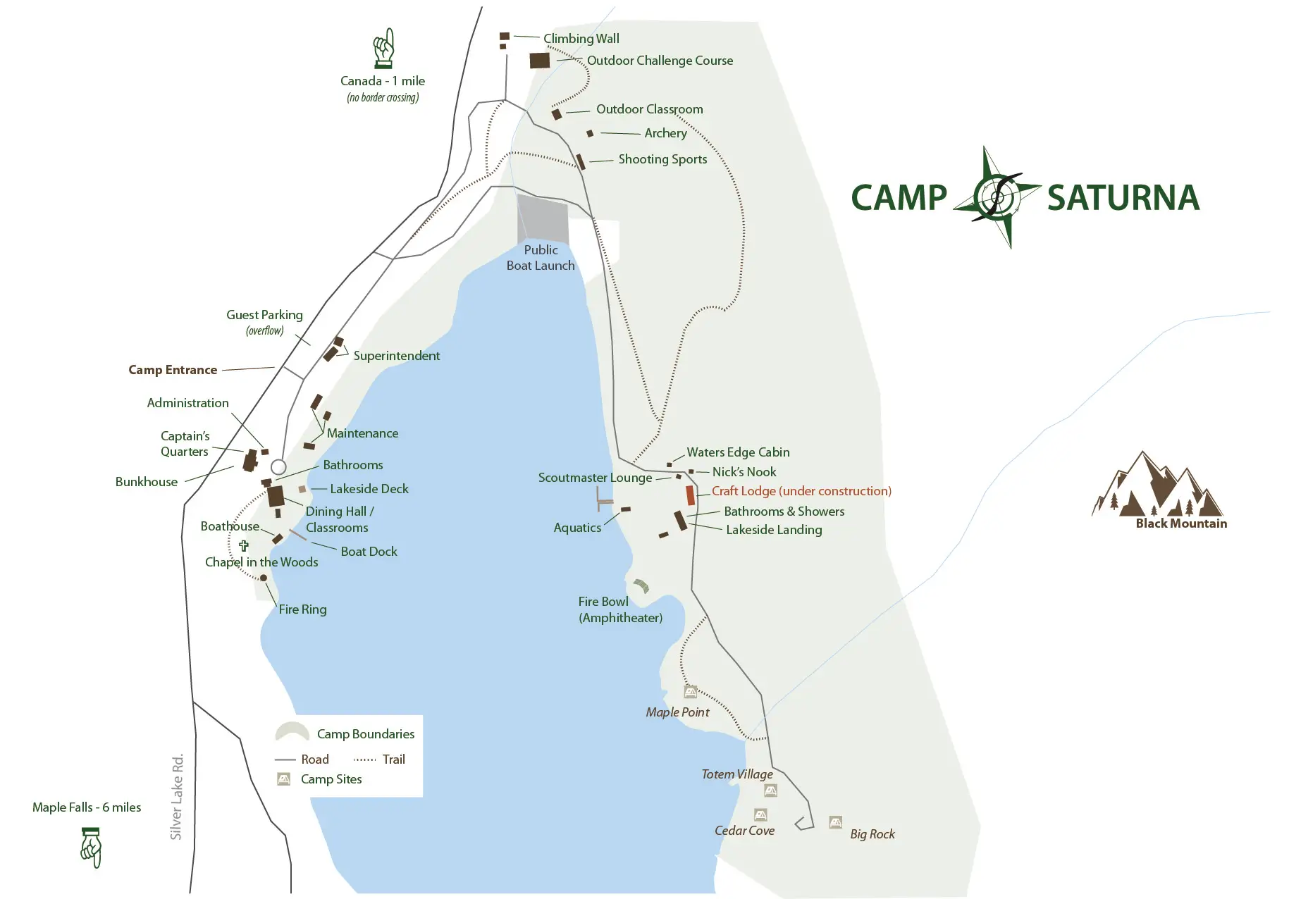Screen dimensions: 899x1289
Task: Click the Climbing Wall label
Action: pos(581,39)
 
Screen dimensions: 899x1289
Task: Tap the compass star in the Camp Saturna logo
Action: pos(997,197)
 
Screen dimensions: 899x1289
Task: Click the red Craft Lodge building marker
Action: pos(690,495)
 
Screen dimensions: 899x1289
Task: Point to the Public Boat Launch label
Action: pos(541,258)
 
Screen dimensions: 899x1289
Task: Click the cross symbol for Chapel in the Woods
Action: pos(244,545)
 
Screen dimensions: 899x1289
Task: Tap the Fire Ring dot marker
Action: pos(264,578)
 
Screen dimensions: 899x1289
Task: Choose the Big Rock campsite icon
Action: pos(835,822)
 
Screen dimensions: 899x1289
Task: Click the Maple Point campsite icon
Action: pos(691,692)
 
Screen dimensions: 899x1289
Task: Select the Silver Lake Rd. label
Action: pos(177,797)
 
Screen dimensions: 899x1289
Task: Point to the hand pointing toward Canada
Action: pos(383,48)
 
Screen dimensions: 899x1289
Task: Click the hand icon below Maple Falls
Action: pos(92,848)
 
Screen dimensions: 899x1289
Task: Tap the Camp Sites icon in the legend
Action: pos(284,779)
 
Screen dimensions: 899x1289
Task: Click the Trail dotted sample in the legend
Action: pos(364,759)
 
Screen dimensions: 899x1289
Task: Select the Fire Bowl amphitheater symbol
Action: pos(641,585)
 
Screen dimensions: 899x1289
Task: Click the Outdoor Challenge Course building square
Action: pos(540,61)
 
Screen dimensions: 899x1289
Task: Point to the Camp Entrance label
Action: pos(173,370)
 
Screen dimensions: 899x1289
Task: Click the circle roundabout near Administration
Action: pos(278,467)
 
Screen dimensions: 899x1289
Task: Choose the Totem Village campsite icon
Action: pos(770,790)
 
